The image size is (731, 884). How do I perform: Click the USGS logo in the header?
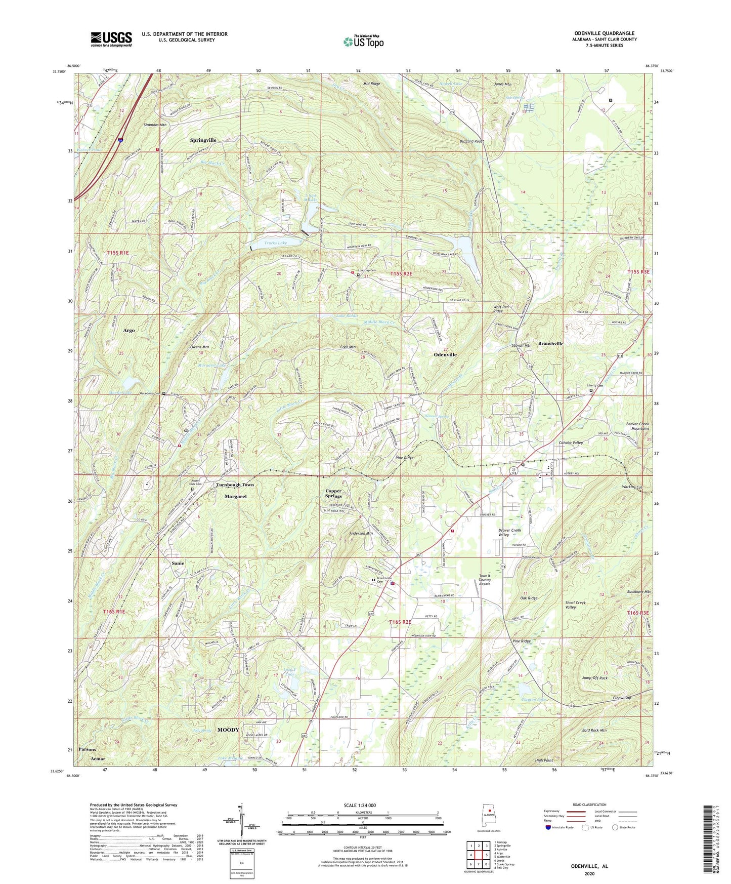click(x=111, y=39)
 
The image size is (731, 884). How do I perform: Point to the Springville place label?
click(x=203, y=140)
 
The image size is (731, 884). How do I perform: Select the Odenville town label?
click(x=445, y=354)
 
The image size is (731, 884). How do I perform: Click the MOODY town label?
click(x=228, y=730)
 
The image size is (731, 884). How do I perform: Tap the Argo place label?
click(x=129, y=330)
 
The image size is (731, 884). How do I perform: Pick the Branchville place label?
click(x=550, y=343)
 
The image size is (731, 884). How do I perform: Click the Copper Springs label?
click(x=333, y=493)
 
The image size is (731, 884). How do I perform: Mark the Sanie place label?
click(x=178, y=563)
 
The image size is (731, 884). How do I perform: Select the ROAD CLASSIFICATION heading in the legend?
click(x=589, y=805)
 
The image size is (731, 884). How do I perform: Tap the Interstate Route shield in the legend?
click(x=548, y=827)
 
